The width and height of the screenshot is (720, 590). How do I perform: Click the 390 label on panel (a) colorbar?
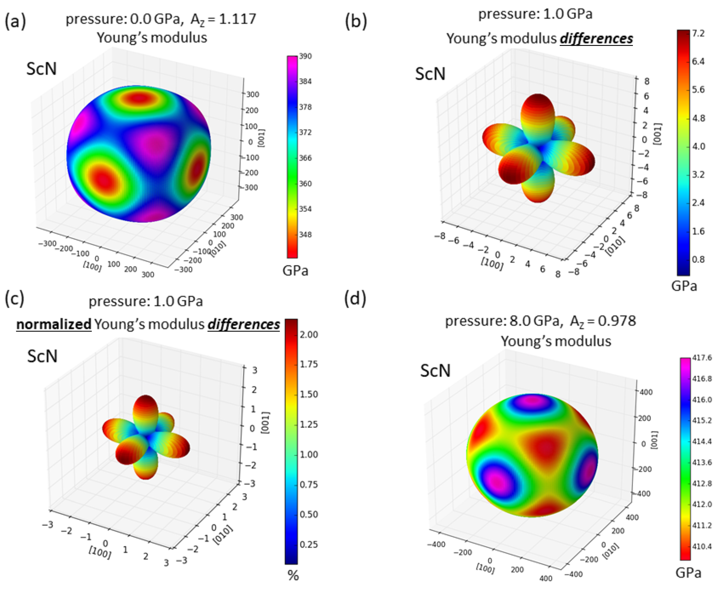tap(305, 56)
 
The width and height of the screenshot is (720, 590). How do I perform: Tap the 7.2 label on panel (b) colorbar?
tap(698, 33)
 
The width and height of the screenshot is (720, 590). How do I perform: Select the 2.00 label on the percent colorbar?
tap(308, 334)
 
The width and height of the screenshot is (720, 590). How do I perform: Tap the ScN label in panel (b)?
tap(430, 74)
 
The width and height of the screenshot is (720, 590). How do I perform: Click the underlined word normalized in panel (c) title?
tap(54, 324)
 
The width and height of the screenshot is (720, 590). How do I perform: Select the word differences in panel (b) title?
tap(596, 38)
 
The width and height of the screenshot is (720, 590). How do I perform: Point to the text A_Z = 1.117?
tap(223, 19)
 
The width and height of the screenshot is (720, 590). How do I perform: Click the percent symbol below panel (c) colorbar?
tap(293, 576)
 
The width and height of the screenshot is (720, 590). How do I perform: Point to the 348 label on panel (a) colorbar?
tap(305, 234)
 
